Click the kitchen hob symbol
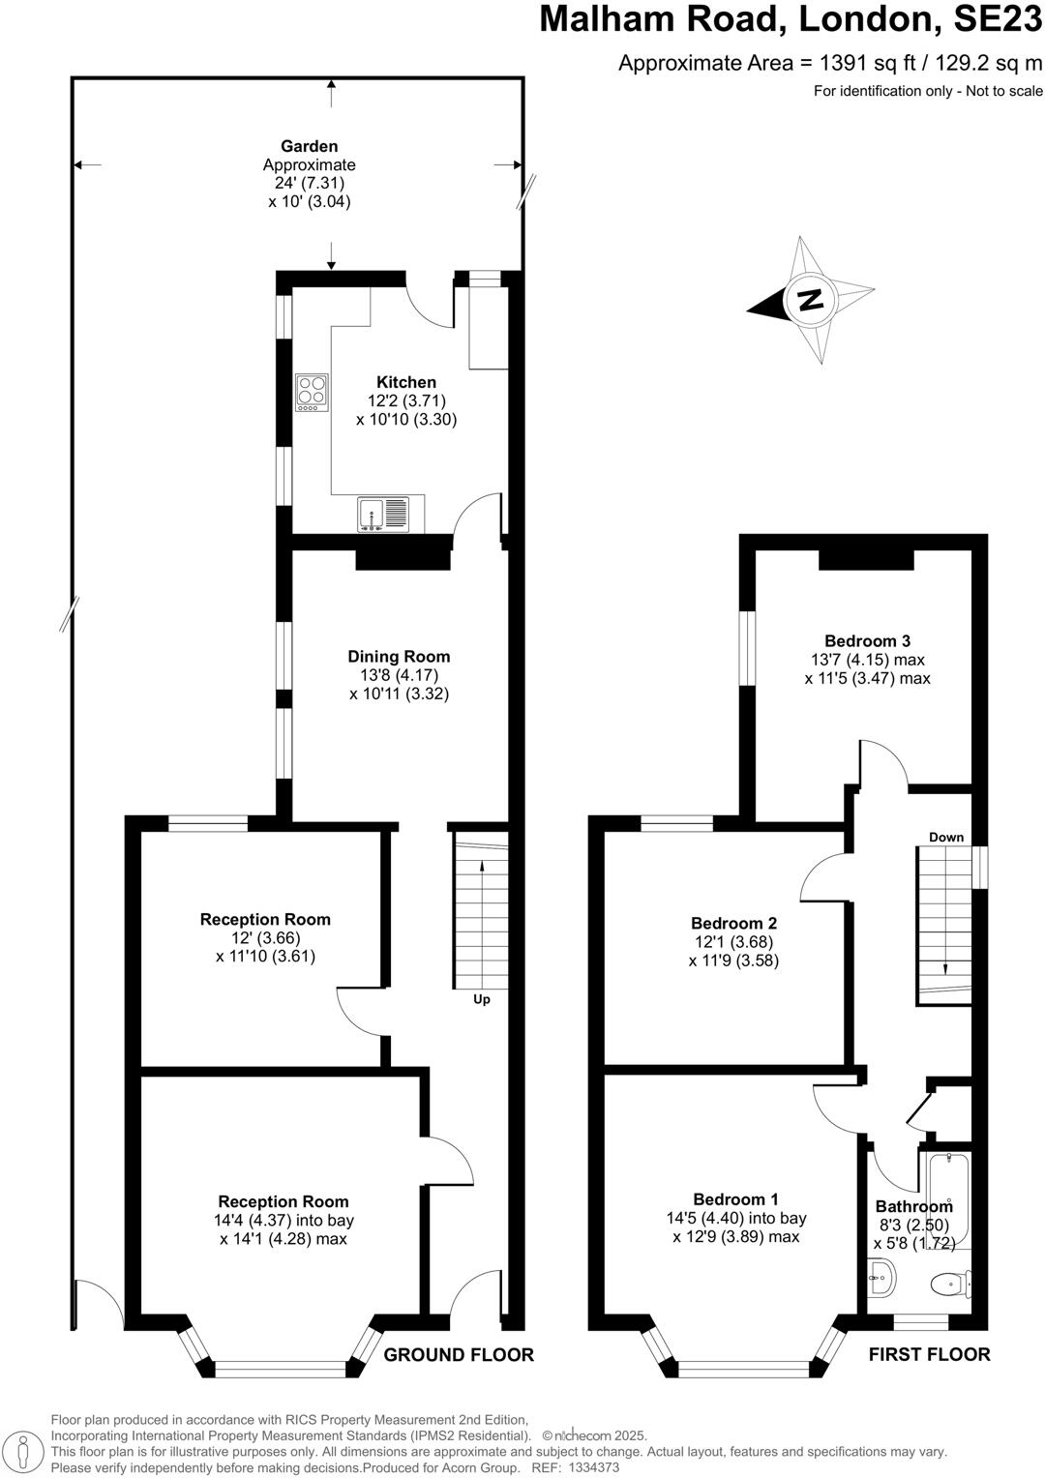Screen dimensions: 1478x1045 [312, 392]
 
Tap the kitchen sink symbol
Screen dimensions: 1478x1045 [383, 514]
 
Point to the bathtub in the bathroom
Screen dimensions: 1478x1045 [948, 1199]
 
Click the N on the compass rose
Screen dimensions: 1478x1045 [811, 299]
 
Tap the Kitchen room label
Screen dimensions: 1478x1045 [406, 382]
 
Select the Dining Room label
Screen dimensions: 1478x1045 [399, 656]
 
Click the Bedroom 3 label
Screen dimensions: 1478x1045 [867, 640]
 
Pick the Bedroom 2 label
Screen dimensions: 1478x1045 [733, 923]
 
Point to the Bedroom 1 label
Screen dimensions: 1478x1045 [735, 1199]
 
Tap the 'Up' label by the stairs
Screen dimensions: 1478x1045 [481, 999]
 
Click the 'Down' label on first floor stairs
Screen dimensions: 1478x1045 [945, 837]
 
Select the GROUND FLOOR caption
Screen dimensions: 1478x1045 [459, 1354]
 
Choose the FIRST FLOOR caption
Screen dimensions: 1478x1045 [929, 1354]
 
